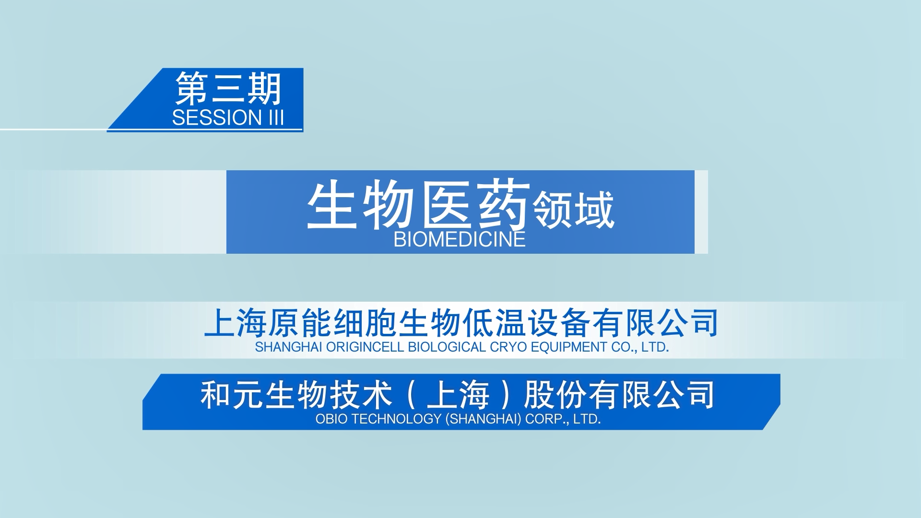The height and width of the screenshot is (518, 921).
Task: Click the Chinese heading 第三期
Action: [228, 89]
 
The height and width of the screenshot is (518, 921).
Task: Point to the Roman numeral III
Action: [276, 118]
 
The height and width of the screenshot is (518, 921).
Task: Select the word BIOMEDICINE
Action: [460, 239]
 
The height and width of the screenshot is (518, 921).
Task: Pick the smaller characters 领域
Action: [574, 210]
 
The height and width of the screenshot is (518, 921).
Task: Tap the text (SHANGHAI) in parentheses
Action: [483, 419]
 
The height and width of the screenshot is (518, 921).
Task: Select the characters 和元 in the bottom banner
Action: [232, 395]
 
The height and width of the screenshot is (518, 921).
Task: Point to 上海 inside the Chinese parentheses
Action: [458, 395]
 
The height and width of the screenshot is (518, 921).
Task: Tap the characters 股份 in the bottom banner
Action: [555, 395]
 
